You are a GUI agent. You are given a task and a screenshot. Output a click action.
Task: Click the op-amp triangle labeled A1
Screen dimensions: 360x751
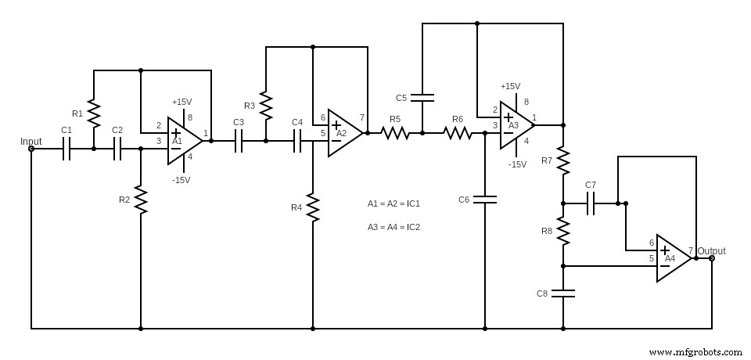coord(182,141)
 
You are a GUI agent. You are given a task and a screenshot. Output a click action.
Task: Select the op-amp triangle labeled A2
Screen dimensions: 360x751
coord(343,133)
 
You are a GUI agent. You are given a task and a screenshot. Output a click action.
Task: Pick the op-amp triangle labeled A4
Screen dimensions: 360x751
coord(671,258)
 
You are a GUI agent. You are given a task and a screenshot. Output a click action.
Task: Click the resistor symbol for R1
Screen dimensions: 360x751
coord(94,113)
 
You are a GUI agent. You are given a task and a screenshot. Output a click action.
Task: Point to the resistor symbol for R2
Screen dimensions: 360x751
coord(141,199)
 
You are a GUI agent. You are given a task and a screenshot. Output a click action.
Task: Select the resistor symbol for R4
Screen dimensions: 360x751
coord(313,207)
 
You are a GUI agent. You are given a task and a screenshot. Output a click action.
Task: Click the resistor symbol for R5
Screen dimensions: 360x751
coord(395,133)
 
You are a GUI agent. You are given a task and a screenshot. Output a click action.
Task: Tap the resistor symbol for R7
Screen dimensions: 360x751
coord(563,160)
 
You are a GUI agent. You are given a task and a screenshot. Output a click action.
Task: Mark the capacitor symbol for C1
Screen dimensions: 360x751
coord(66,149)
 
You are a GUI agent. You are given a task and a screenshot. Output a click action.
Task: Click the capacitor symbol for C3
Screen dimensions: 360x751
coord(239,141)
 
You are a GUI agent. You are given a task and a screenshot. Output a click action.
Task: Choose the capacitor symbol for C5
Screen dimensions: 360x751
coord(422,98)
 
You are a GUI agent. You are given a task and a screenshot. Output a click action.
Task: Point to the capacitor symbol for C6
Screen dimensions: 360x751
coord(485,200)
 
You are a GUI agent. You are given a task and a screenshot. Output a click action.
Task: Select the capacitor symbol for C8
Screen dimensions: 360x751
coord(563,293)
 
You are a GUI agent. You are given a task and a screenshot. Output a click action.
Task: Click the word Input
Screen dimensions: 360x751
coord(31,142)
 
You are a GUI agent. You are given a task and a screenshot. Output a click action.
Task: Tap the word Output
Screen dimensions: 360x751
coord(712,251)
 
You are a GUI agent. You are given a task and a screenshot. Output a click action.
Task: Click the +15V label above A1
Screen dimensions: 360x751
coord(181,102)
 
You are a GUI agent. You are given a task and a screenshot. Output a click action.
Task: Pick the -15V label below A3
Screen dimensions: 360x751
coord(518,164)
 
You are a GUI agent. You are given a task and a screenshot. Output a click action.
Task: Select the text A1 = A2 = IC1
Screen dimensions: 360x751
coord(393,203)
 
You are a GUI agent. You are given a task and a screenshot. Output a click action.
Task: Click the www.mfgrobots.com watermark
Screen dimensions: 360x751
coord(695,352)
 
